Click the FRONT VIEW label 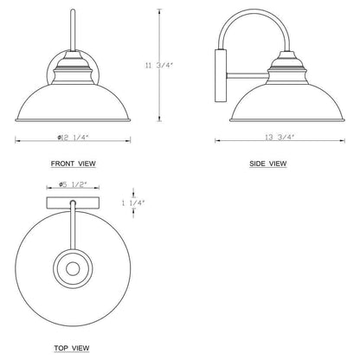coord(74,164)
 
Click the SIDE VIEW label coord(268,164)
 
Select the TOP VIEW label coord(72,348)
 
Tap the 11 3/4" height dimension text coord(158,66)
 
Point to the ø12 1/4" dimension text coord(73,138)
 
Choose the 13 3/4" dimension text coord(280,138)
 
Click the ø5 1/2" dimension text coord(73,184)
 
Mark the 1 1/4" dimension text coord(133,203)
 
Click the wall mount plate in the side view coord(221,75)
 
